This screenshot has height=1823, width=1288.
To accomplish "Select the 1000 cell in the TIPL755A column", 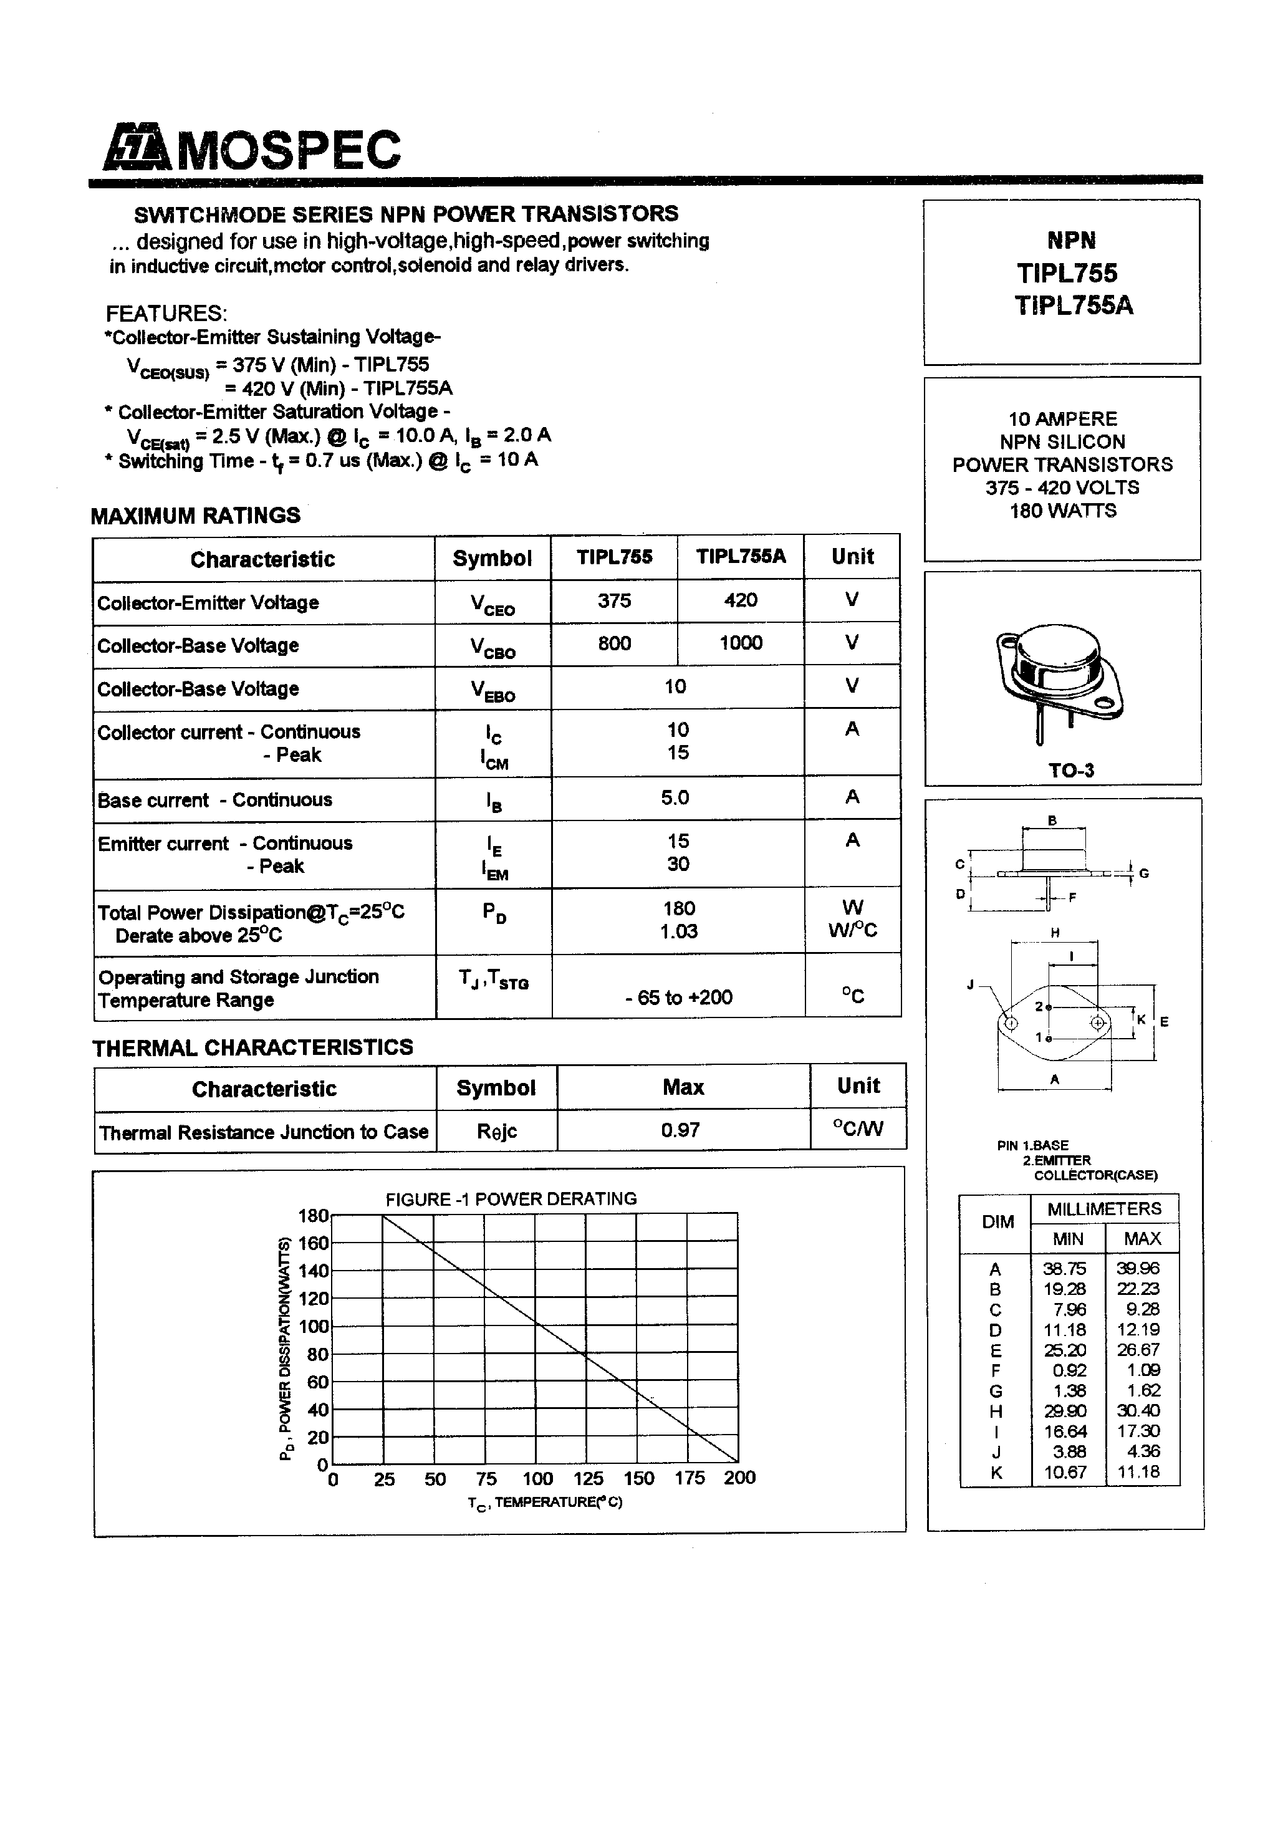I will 740,643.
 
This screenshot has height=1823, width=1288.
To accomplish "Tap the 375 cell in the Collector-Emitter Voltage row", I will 614,601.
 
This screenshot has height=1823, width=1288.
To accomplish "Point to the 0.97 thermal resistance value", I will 681,1130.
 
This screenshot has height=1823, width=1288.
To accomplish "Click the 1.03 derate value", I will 678,931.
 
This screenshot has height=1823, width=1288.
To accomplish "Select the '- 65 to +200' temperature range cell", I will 678,998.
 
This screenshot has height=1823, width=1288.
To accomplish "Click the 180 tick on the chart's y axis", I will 313,1216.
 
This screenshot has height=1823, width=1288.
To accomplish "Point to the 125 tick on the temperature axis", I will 588,1478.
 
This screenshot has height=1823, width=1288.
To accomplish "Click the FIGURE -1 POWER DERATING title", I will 511,1199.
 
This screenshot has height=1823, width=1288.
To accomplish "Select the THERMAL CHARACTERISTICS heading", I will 252,1048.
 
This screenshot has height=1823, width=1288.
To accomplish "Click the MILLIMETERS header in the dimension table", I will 1103,1210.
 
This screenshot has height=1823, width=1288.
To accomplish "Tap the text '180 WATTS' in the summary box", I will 1062,511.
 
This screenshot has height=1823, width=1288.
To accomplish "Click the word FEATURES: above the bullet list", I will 166,313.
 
